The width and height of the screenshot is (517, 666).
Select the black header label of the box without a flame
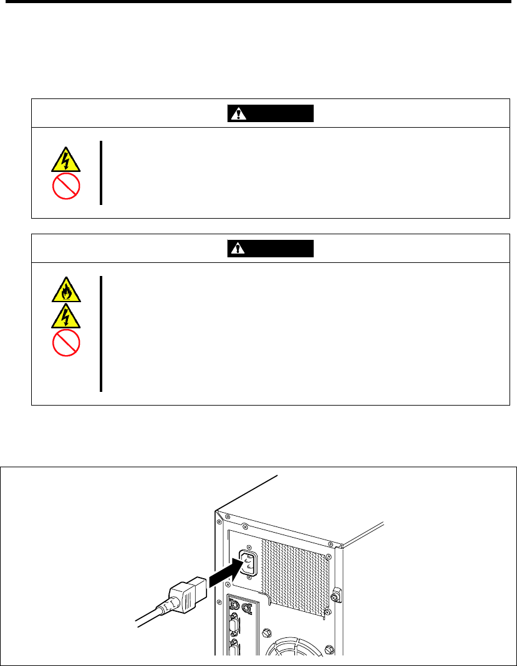(x=270, y=114)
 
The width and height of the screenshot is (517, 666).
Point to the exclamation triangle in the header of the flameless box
(x=238, y=114)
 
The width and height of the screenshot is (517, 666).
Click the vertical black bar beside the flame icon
(x=100, y=334)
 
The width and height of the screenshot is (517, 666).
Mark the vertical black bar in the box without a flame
(x=100, y=173)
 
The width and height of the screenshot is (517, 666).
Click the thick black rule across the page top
(x=258, y=2)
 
